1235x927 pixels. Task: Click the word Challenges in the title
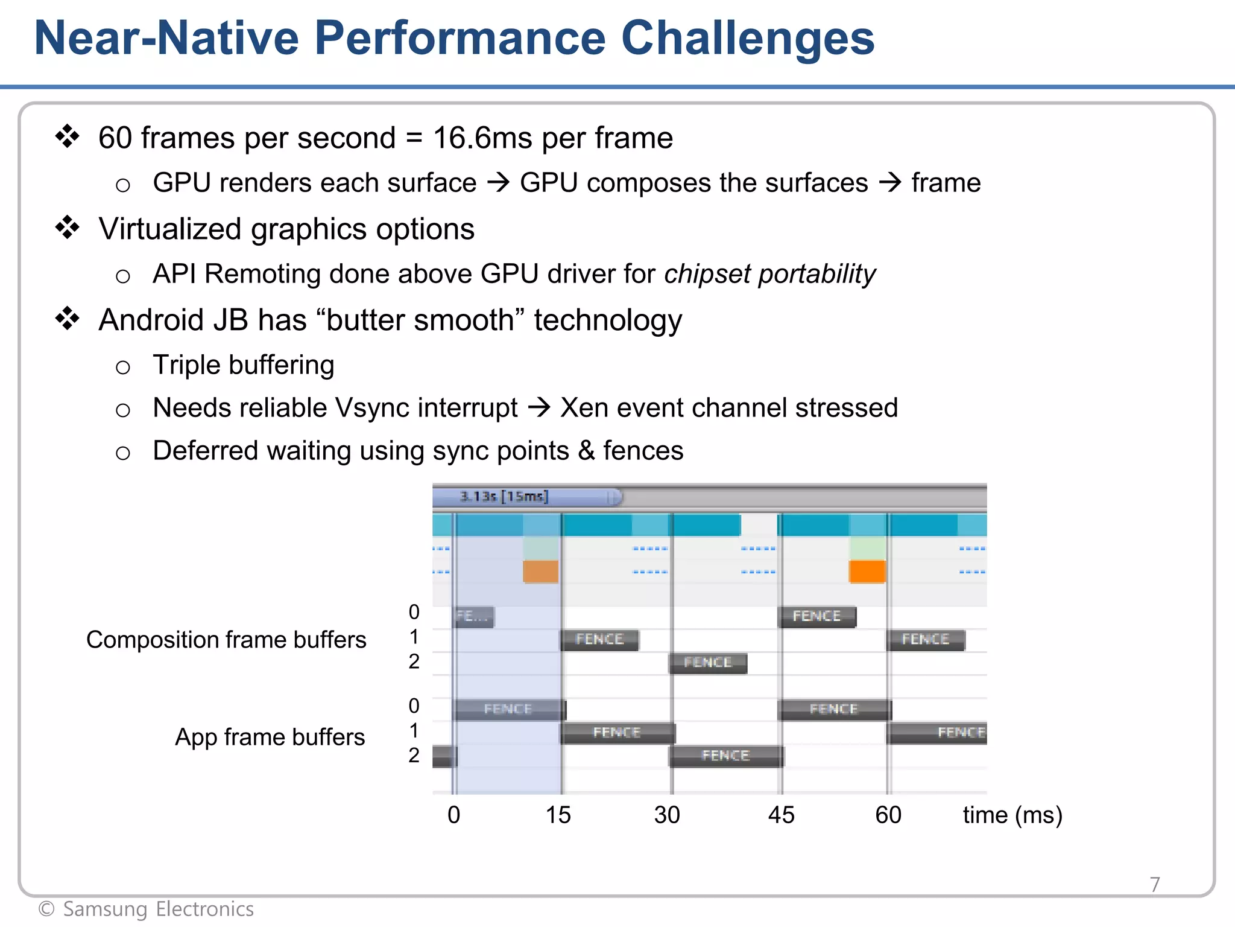pos(747,39)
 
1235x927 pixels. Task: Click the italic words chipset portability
pos(769,274)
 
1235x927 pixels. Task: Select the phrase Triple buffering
pos(243,365)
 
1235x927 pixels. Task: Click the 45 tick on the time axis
pos(781,815)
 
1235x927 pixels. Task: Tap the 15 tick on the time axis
pos(558,815)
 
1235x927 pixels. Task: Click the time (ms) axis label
pos(1012,815)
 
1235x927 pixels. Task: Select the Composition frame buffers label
pos(226,640)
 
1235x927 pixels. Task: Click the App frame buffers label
pos(270,737)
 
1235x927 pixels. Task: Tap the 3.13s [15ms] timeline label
pos(504,497)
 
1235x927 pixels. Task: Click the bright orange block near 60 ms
pos(867,572)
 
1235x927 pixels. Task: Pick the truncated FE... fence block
pos(473,617)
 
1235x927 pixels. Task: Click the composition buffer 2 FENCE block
pos(708,663)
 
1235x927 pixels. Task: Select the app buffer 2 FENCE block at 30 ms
pos(725,756)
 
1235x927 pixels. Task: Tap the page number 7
pos(1154,885)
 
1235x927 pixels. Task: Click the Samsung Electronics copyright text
pos(147,909)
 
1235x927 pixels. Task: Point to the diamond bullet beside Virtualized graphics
pos(68,228)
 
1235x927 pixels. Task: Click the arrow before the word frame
pos(889,182)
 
